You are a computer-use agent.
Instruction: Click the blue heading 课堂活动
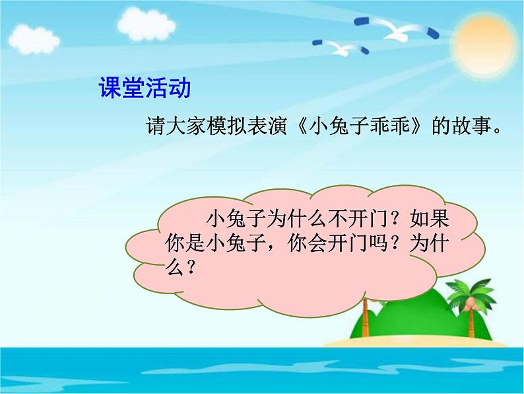pos(145,88)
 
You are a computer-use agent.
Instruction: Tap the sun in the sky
pos(484,44)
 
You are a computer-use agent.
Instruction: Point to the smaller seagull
pos(341,48)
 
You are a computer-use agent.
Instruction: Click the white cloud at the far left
pos(34,40)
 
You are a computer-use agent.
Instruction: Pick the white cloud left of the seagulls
pos(147,24)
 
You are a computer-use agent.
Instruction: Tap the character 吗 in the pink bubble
pos(378,243)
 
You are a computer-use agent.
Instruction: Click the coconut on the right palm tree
pos(470,303)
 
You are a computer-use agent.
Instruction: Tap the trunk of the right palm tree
pos(471,321)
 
